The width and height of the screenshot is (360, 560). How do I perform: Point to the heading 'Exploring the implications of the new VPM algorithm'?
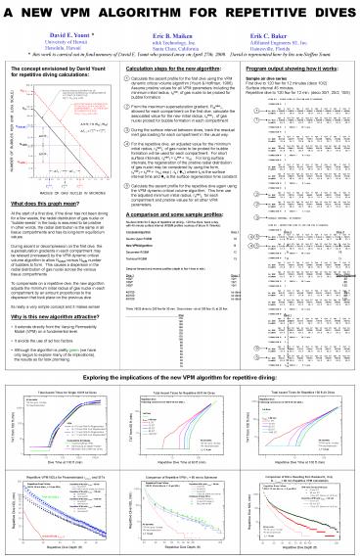pos(180,375)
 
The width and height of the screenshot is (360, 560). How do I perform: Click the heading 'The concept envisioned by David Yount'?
pos(59,71)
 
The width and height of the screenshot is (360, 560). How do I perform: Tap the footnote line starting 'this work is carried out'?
pos(180,57)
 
